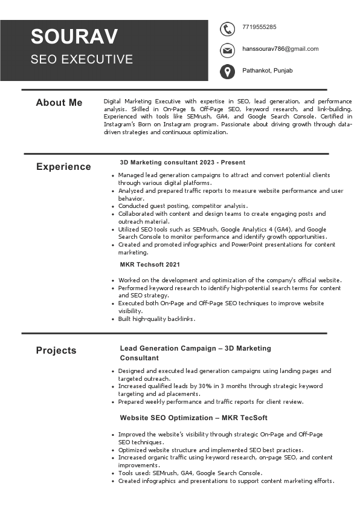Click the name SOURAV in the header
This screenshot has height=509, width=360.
click(x=74, y=37)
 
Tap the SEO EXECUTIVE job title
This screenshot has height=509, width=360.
click(x=82, y=59)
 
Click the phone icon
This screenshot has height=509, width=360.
click(x=227, y=28)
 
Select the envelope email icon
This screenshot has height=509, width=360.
click(x=227, y=50)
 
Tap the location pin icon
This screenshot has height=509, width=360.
click(x=227, y=72)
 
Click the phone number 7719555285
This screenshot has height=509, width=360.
click(x=259, y=27)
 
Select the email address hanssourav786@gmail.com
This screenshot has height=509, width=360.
click(x=280, y=49)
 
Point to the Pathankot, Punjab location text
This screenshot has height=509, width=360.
click(x=268, y=71)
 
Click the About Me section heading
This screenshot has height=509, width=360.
click(x=59, y=103)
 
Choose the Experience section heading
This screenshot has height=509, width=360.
click(x=63, y=167)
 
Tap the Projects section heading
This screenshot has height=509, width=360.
click(x=56, y=351)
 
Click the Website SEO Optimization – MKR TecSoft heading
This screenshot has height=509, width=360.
click(x=193, y=418)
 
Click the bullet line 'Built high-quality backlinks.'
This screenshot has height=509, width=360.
click(x=156, y=319)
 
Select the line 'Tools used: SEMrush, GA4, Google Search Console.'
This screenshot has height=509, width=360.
click(x=190, y=473)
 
